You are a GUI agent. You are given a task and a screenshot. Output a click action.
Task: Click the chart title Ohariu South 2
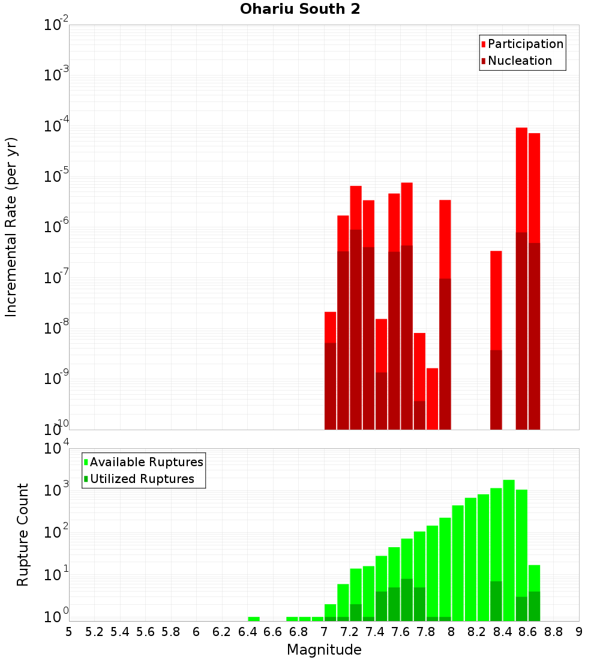(x=300, y=10)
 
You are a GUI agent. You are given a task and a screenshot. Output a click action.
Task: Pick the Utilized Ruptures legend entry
(x=142, y=479)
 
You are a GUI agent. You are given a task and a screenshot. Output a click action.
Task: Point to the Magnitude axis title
(x=324, y=650)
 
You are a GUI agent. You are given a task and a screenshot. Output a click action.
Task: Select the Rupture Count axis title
(x=23, y=534)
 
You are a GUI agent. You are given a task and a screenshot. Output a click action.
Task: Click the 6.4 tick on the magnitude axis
(x=247, y=632)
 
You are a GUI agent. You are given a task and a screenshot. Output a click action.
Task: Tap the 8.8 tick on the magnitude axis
(x=553, y=632)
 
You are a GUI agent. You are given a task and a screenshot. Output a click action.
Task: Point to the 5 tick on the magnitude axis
(x=69, y=632)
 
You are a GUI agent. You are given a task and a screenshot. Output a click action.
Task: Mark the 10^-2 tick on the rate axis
(x=56, y=25)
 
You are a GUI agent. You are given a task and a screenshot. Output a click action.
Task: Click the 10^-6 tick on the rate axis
(x=56, y=227)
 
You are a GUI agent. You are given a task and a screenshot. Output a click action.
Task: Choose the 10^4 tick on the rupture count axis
(x=56, y=449)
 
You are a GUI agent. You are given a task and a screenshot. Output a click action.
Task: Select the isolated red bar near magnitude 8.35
(x=496, y=300)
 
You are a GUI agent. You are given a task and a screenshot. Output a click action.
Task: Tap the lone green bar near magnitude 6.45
(x=254, y=619)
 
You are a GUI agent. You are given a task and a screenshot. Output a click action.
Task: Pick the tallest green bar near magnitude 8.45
(x=509, y=540)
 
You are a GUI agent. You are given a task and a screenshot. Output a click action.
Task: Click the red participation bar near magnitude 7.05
(x=330, y=328)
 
